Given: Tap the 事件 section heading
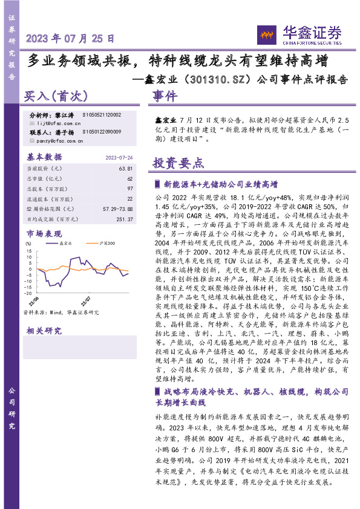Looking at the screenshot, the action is coord(165,96).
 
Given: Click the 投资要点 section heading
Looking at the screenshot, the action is coord(178,163).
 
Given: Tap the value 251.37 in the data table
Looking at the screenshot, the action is coord(123,219).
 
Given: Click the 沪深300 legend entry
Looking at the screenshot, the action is coord(106,242).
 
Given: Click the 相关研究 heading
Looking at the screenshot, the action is coord(44,331).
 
